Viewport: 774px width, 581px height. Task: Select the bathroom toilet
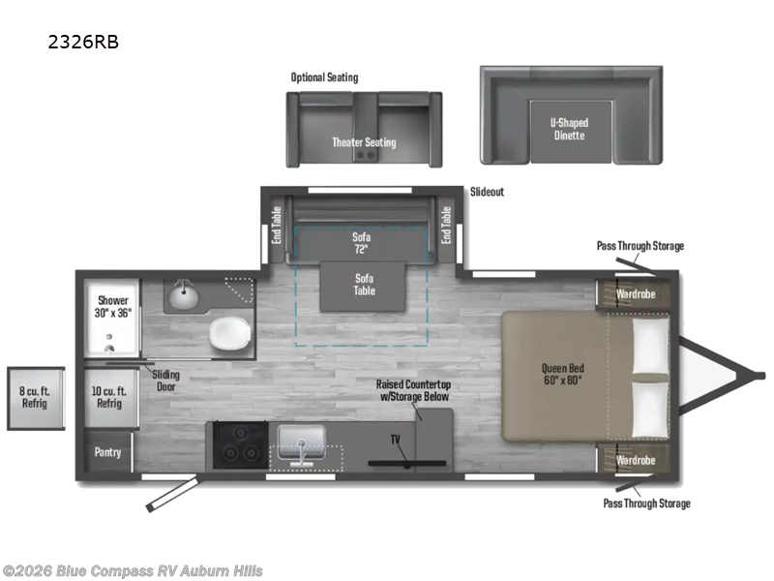pyautogui.click(x=230, y=334)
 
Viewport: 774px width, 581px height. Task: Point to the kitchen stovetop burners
pyautogui.click(x=238, y=450)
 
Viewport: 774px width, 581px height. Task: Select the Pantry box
pyautogui.click(x=106, y=452)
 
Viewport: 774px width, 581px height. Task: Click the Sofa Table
pyautogui.click(x=364, y=285)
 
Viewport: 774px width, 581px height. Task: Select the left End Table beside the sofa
pyautogui.click(x=277, y=225)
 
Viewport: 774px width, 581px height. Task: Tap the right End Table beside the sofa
pyautogui.click(x=446, y=225)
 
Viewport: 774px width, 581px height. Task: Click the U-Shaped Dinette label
pyautogui.click(x=570, y=129)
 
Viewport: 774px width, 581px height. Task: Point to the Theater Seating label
pyautogui.click(x=364, y=142)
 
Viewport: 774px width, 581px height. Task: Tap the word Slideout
pyautogui.click(x=487, y=192)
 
